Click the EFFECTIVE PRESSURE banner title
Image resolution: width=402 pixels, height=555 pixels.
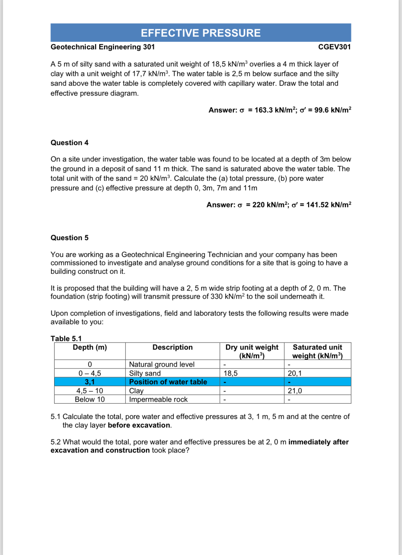201,33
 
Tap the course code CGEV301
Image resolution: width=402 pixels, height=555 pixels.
334,47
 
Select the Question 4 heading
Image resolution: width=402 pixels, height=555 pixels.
69,143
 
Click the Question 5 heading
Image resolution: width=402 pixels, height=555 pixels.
69,238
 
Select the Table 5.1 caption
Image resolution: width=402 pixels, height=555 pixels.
66,339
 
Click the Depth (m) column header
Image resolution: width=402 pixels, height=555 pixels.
90,347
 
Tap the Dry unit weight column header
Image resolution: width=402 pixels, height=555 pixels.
252,351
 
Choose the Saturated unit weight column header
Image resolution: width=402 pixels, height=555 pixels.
317,351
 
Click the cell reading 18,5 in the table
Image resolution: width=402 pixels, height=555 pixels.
231,373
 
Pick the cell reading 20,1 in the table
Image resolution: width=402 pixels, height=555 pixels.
295,373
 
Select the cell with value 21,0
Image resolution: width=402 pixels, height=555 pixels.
295,391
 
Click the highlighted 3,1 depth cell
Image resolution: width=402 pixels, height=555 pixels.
90,382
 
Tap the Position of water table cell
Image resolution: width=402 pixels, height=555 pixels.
168,382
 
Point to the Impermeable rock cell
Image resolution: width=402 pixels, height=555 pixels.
158,400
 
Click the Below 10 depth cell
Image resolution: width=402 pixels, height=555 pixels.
90,400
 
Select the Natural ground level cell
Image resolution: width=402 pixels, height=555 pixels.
161,365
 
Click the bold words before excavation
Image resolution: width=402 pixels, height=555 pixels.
139,425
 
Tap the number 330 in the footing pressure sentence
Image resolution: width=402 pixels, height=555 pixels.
216,297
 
